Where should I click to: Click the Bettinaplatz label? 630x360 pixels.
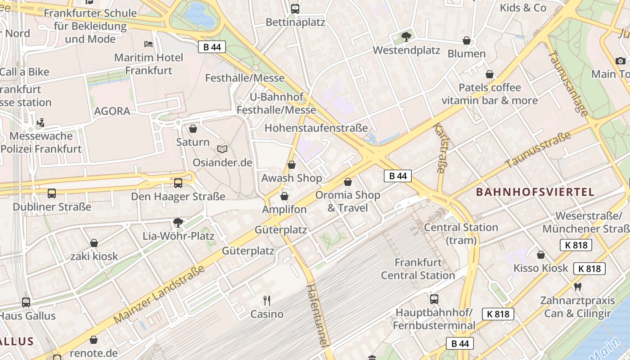tap(295, 22)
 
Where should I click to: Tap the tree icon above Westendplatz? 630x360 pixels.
tap(406, 37)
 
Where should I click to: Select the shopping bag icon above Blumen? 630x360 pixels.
tap(467, 41)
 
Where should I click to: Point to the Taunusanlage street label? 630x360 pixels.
tap(568, 84)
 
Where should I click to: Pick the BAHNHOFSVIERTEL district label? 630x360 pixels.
tap(535, 192)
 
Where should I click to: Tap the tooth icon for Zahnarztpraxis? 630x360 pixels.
tap(578, 287)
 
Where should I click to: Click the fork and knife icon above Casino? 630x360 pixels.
tap(267, 300)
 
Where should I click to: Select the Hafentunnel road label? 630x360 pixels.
tap(317, 315)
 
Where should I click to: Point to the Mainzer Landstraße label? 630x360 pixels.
tap(159, 294)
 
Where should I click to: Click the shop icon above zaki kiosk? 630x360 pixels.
tap(94, 243)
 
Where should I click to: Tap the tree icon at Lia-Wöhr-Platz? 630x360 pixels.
tap(178, 222)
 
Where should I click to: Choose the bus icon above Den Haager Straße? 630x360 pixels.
tap(178, 183)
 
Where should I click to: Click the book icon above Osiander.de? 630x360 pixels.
tap(222, 149)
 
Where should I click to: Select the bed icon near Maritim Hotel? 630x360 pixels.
tap(148, 44)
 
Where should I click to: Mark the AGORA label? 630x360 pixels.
tap(112, 111)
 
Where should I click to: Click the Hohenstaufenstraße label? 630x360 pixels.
tap(316, 128)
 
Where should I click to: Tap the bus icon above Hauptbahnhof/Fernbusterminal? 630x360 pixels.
tap(434, 299)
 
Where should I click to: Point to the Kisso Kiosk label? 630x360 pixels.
tap(541, 268)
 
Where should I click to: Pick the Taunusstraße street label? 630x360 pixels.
tap(538, 150)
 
